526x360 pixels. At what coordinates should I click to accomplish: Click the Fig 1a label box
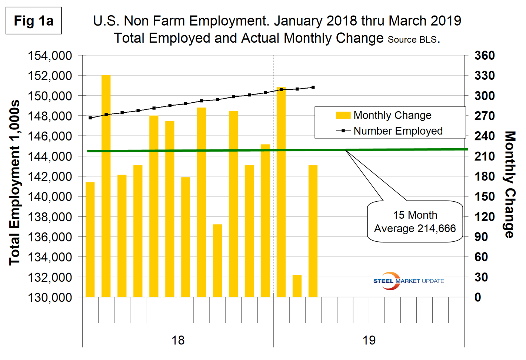tap(33, 21)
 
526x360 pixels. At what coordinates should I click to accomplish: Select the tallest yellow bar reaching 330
tap(106, 185)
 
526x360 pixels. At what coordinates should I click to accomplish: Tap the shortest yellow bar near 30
tap(297, 286)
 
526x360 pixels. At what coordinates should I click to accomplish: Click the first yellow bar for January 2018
tap(90, 239)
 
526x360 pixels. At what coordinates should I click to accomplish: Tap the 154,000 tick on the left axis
tap(50, 56)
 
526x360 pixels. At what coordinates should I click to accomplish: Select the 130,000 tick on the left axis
tap(50, 297)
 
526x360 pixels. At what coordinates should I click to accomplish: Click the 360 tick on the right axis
tap(485, 56)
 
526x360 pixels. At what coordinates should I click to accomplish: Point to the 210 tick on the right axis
tap(485, 156)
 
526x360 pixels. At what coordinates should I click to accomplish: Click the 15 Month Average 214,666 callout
tap(415, 222)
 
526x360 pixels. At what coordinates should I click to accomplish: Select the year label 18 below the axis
tap(178, 340)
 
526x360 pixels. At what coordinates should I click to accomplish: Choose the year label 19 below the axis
tap(369, 340)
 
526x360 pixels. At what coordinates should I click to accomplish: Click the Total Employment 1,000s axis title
tap(14, 182)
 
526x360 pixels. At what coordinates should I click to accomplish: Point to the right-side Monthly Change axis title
tap(510, 184)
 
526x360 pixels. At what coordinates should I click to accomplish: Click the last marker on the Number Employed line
tap(313, 87)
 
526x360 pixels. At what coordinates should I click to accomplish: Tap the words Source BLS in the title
tap(412, 40)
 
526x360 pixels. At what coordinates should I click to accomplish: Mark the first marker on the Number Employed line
tap(90, 118)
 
